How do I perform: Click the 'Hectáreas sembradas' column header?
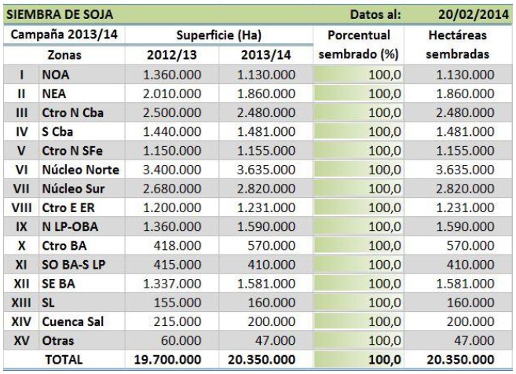pyautogui.click(x=459, y=46)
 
